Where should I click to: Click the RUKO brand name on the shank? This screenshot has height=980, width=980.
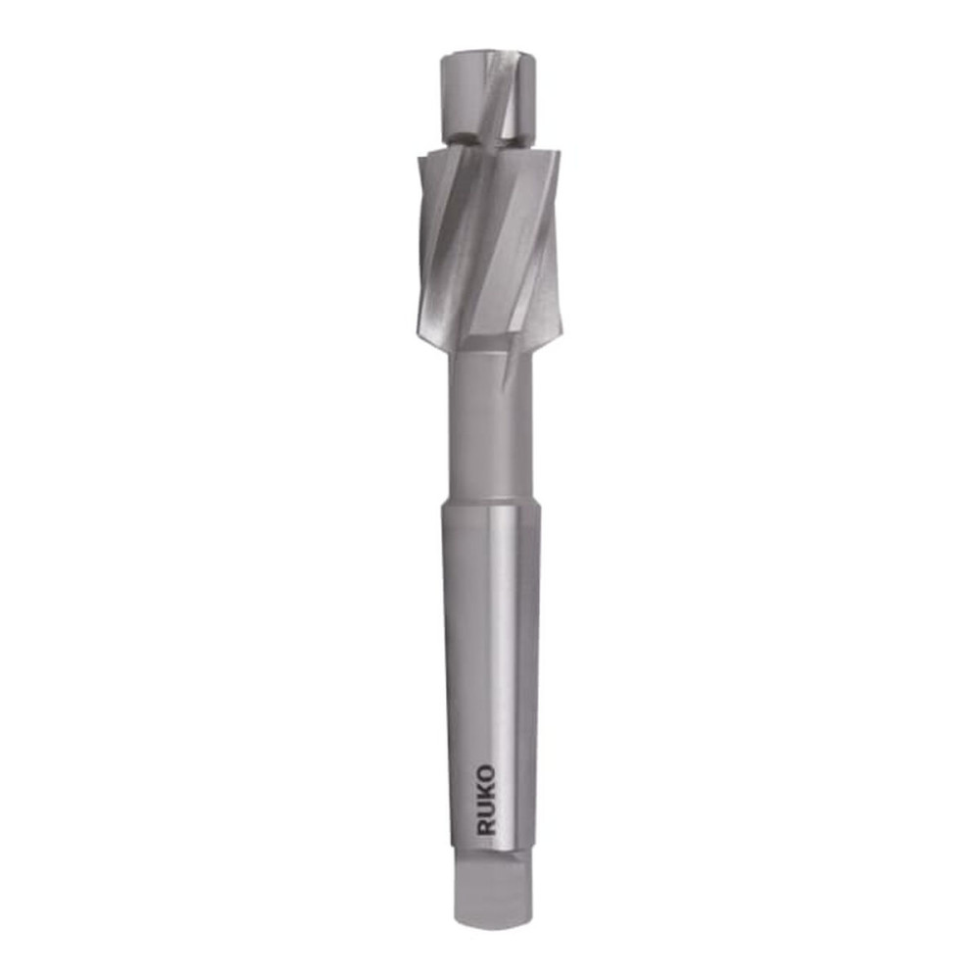pyautogui.click(x=487, y=800)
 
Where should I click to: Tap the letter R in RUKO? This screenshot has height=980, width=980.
pyautogui.click(x=487, y=825)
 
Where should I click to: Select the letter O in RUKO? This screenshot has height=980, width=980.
pyautogui.click(x=487, y=773)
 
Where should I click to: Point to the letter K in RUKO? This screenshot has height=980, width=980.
pyautogui.click(x=487, y=791)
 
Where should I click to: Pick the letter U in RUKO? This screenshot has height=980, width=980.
pyautogui.click(x=487, y=808)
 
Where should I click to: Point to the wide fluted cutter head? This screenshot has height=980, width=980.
pyautogui.click(x=487, y=245)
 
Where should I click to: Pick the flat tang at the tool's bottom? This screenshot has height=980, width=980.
pyautogui.click(x=487, y=892)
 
